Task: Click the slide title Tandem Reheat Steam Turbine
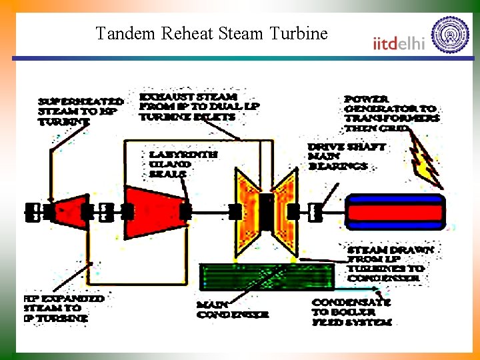tap(212, 33)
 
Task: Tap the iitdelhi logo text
tap(399, 43)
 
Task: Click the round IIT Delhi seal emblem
tap(450, 35)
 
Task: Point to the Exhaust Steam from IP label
tap(199, 106)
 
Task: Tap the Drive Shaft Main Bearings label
tap(347, 156)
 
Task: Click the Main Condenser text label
tap(233, 309)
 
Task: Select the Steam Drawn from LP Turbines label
tap(390, 263)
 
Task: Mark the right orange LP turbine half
tap(286, 211)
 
